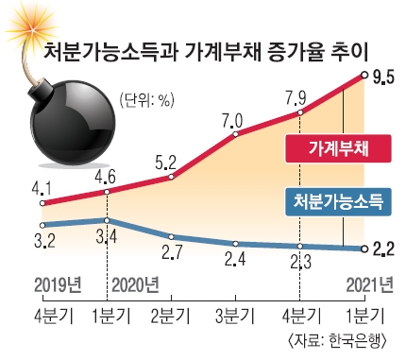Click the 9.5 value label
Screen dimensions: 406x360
(x=383, y=77)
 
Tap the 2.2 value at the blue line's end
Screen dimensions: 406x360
(x=383, y=249)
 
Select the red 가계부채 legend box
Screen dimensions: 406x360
(x=338, y=148)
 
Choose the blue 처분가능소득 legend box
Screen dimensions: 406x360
(x=338, y=202)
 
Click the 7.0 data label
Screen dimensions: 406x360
(x=233, y=121)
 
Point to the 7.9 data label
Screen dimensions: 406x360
(x=296, y=98)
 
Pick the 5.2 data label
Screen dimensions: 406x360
(x=166, y=163)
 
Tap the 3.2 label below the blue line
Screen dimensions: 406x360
(x=44, y=240)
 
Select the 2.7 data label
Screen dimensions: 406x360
(x=172, y=252)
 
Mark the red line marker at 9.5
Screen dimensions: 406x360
(x=364, y=75)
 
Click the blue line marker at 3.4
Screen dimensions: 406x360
(x=107, y=220)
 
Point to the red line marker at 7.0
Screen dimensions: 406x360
(x=235, y=134)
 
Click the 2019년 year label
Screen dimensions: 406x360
(x=58, y=285)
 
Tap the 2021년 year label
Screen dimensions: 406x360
(x=369, y=285)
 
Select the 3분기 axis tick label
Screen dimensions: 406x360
(x=235, y=316)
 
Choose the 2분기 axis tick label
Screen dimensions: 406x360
(x=171, y=316)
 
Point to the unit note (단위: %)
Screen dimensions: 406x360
(x=147, y=101)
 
